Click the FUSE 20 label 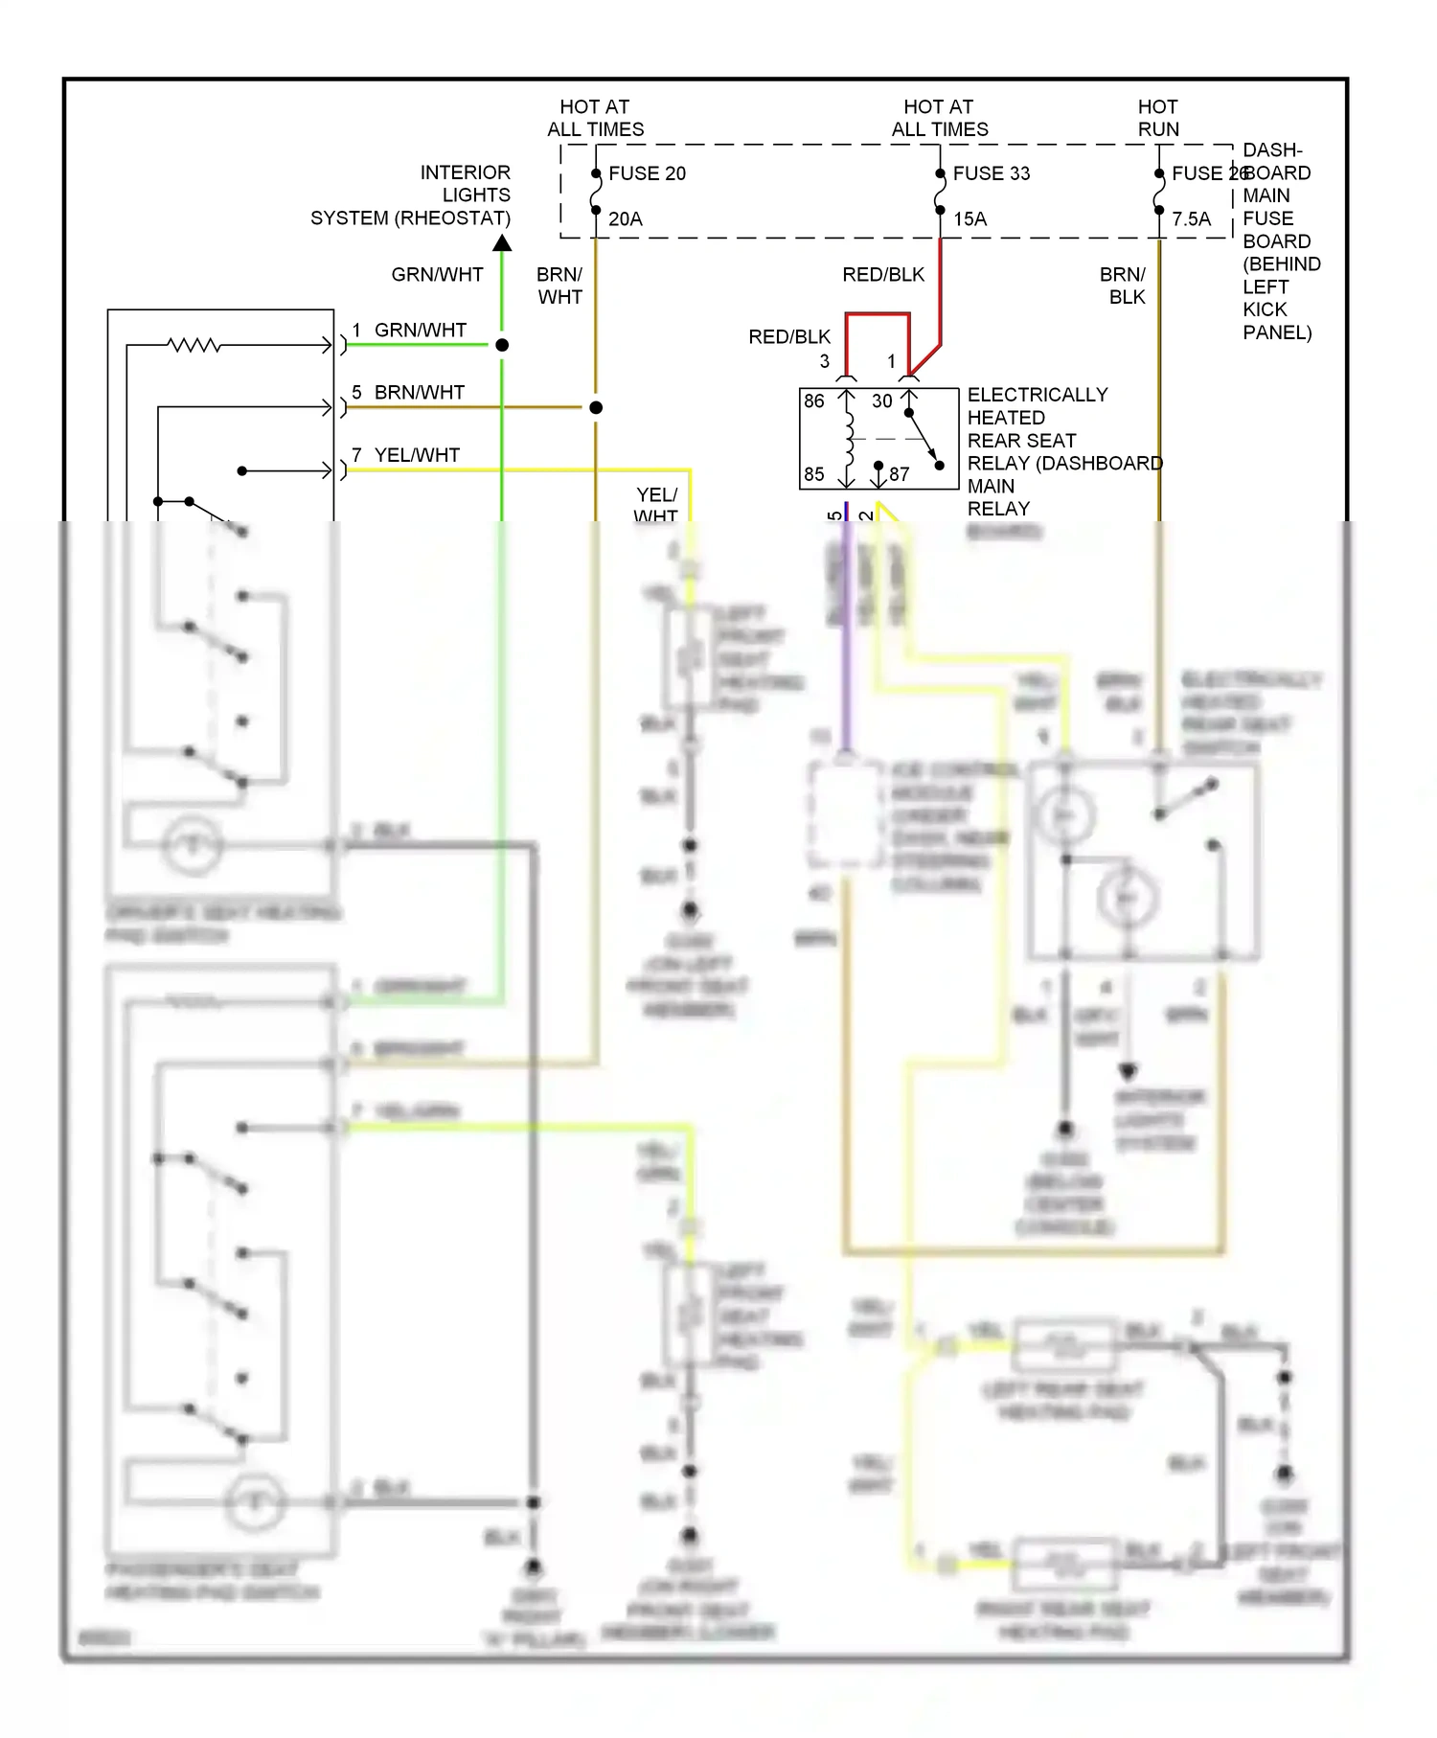[647, 173]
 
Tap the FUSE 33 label [991, 173]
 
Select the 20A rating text [625, 219]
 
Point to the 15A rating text [969, 219]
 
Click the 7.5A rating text [1191, 219]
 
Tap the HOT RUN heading [1157, 118]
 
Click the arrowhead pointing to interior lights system [502, 243]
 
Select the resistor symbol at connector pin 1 [194, 345]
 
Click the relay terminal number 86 [814, 401]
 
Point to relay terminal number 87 [899, 473]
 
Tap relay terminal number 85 [814, 473]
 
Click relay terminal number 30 [882, 401]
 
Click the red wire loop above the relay [878, 314]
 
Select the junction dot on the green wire [502, 345]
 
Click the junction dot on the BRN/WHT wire [596, 408]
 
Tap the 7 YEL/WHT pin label [406, 455]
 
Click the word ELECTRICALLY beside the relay [1037, 395]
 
